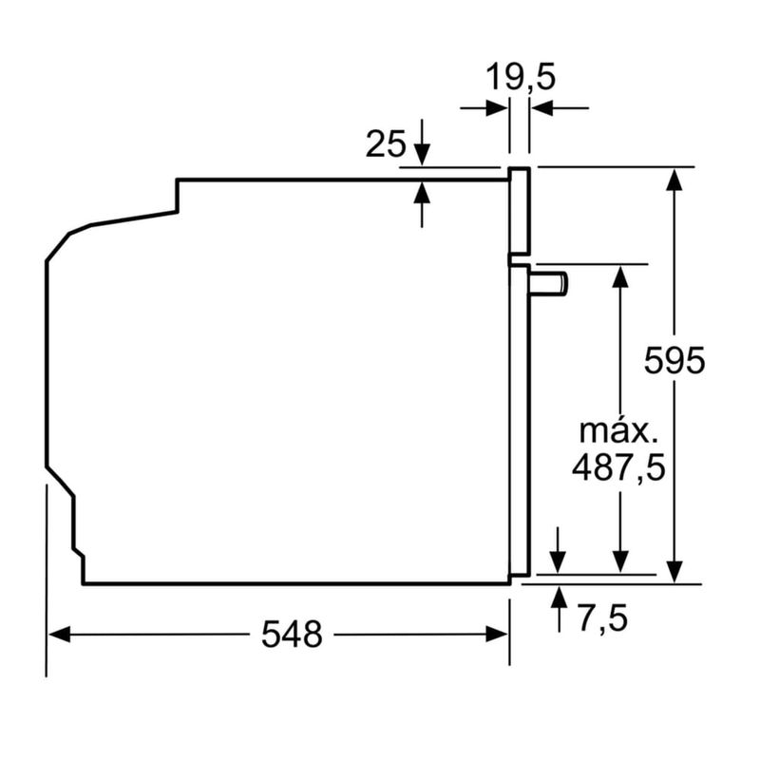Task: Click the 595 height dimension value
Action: pos(674,362)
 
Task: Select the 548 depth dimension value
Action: pos(292,635)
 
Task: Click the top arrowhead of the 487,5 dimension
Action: pos(620,275)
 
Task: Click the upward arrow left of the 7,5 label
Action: pos(559,598)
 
